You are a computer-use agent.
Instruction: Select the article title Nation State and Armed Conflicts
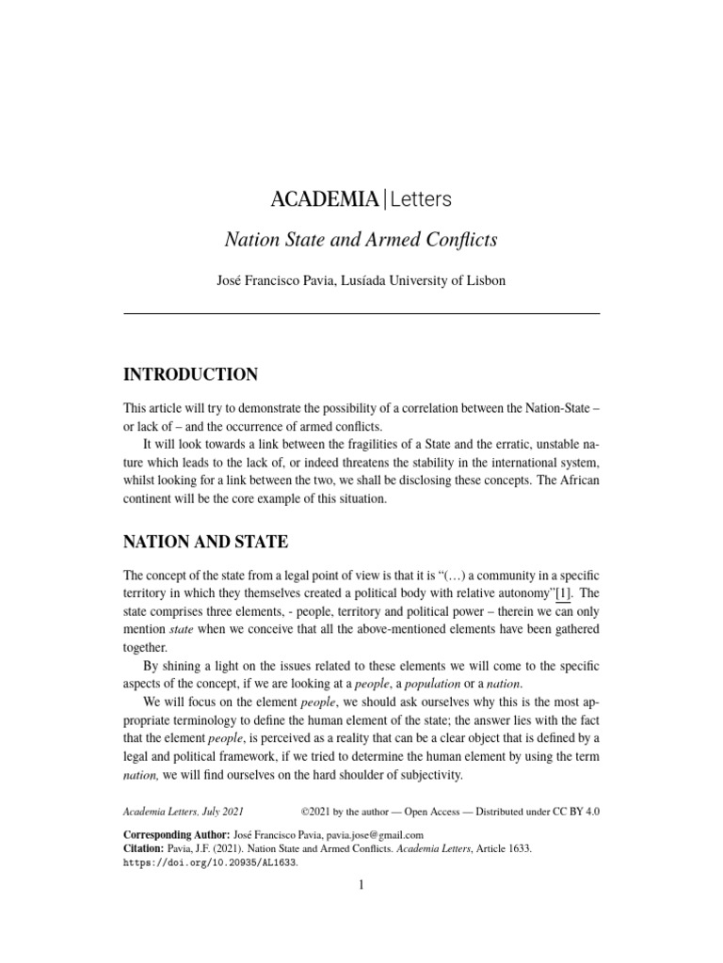point(361,240)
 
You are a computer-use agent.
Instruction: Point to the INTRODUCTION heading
point(191,374)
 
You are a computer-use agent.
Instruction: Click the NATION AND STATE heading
point(206,542)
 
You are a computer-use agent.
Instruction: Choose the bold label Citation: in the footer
point(146,847)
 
